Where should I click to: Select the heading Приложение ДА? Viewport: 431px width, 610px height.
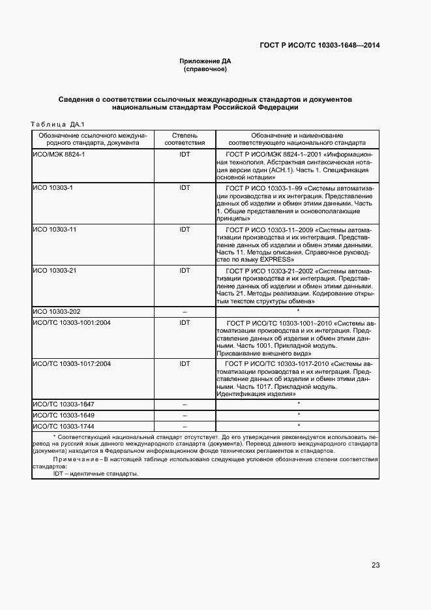tap(205, 61)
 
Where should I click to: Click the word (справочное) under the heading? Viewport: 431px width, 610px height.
tap(205, 69)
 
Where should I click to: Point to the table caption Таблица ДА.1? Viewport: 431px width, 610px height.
tap(53, 124)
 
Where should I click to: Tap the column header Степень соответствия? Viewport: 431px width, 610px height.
tap(185, 138)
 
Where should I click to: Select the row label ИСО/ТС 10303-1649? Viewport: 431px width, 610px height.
tap(64, 415)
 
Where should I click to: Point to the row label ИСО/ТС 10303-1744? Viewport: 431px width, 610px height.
tap(64, 425)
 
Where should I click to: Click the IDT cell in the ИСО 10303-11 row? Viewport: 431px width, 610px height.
tap(185, 230)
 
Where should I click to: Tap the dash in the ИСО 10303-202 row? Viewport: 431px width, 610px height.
tap(185, 312)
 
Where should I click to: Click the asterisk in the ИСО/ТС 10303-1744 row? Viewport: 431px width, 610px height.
tap(298, 425)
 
